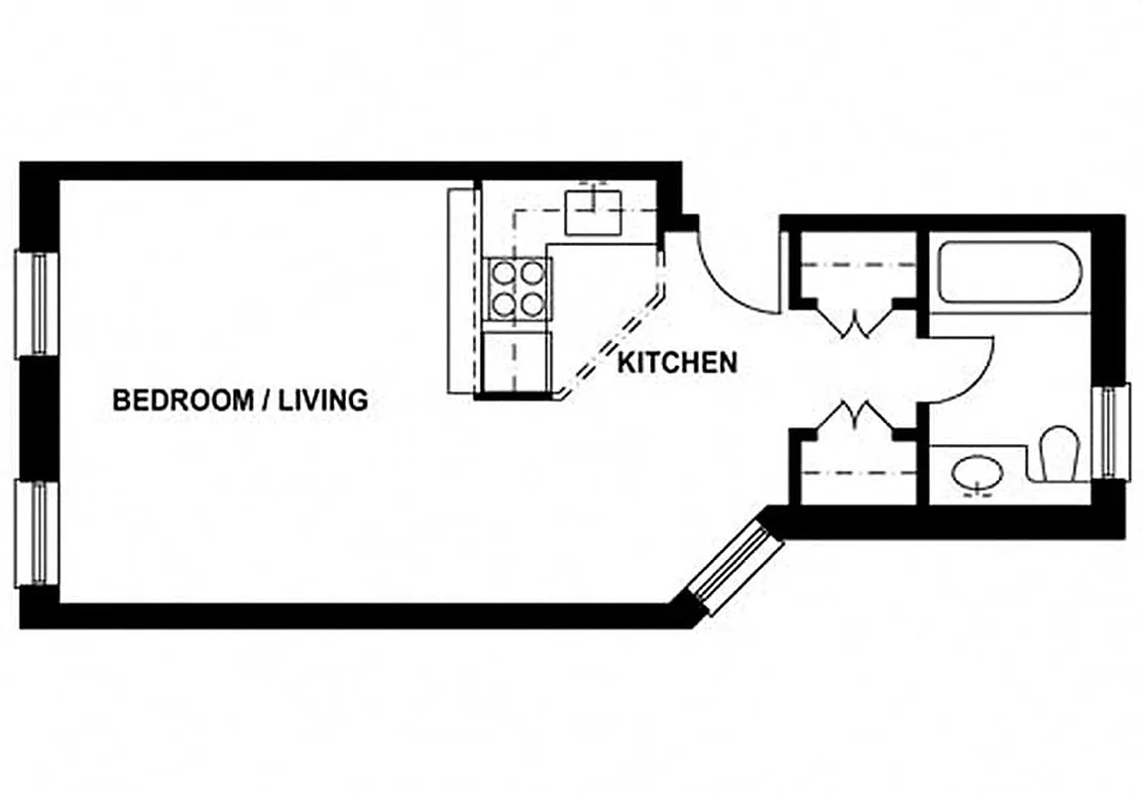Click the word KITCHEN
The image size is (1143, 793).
click(x=677, y=363)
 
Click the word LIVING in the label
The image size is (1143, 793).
click(x=322, y=400)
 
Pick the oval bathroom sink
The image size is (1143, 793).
click(x=979, y=476)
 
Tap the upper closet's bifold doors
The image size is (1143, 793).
click(x=856, y=322)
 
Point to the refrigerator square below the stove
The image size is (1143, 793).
click(x=516, y=362)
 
